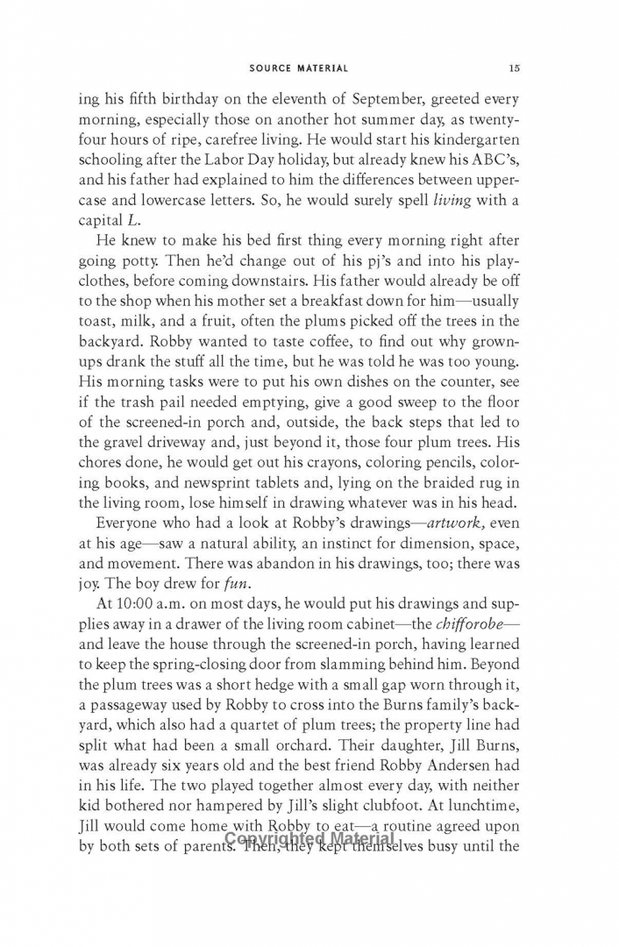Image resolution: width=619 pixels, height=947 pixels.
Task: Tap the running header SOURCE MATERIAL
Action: (298, 68)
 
